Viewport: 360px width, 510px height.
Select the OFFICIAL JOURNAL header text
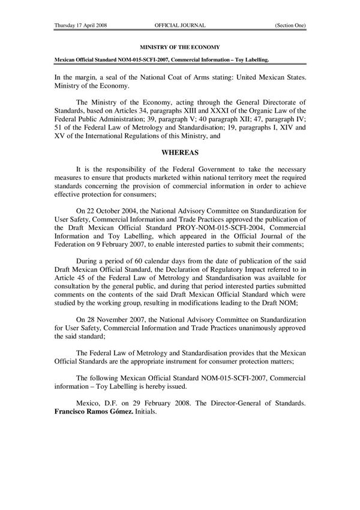pyautogui.click(x=180, y=26)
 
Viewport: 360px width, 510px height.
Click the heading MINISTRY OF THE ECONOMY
pyautogui.click(x=180, y=46)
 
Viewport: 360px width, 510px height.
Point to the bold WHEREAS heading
pyautogui.click(x=180, y=161)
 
